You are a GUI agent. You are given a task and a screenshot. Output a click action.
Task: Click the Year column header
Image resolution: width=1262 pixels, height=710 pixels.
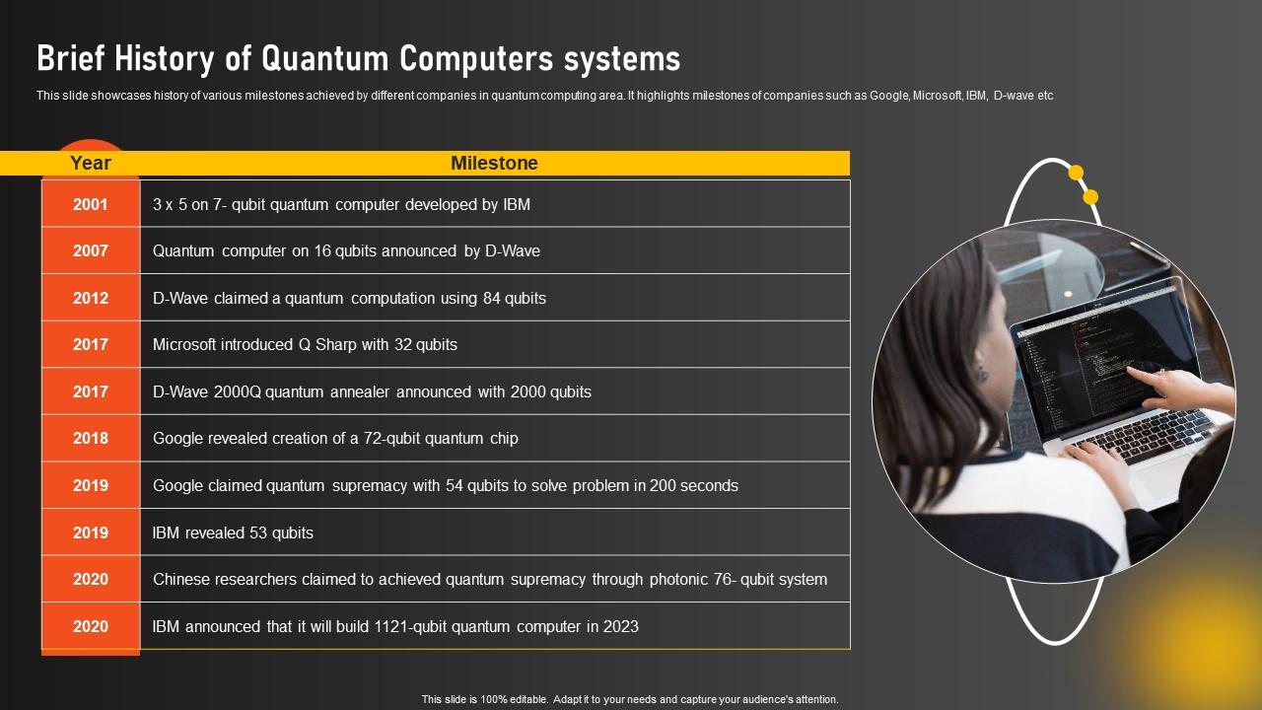click(x=90, y=163)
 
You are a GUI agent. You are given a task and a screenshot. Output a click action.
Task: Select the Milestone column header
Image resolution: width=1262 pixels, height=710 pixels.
click(x=494, y=163)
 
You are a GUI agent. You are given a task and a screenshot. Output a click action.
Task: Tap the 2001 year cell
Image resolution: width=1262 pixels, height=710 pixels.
click(x=90, y=204)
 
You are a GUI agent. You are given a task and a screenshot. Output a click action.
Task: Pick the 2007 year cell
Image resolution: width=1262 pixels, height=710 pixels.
click(x=90, y=250)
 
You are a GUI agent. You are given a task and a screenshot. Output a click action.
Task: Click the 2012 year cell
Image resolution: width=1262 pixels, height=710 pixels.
click(x=90, y=298)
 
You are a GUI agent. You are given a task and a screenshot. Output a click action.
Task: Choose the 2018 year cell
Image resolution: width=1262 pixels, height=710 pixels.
click(x=90, y=438)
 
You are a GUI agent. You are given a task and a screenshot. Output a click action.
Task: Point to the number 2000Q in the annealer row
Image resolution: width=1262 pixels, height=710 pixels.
click(x=238, y=391)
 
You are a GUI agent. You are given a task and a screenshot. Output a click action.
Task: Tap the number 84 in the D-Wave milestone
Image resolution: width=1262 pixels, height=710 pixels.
click(x=491, y=298)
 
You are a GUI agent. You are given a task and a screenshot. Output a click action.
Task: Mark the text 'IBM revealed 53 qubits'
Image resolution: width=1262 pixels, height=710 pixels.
click(x=233, y=532)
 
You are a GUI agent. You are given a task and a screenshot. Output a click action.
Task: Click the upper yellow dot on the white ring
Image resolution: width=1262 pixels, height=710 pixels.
click(x=1076, y=173)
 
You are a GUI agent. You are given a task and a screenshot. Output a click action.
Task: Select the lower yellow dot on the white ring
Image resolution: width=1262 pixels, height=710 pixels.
click(x=1090, y=197)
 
